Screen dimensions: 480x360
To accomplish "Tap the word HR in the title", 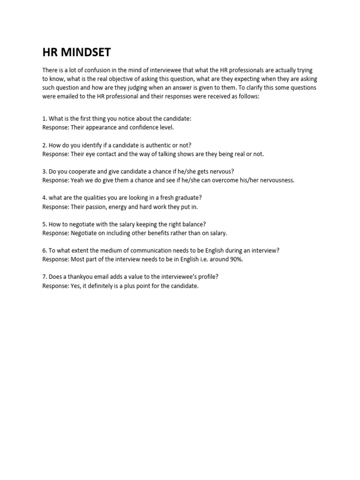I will (50, 52).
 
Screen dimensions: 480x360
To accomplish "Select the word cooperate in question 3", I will (84, 172).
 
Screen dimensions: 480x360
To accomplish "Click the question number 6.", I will (45, 250).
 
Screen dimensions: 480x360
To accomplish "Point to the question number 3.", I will (45, 172).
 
